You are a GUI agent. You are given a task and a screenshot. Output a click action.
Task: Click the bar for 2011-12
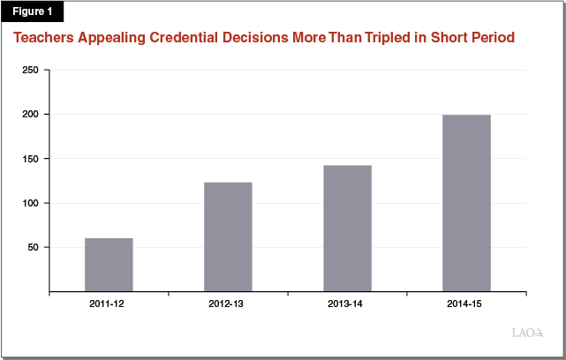click(x=109, y=265)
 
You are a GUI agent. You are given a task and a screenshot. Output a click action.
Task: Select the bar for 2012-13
click(x=228, y=236)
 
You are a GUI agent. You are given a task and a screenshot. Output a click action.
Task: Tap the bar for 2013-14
click(x=347, y=229)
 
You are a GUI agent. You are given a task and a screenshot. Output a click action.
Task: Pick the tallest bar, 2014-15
click(x=466, y=203)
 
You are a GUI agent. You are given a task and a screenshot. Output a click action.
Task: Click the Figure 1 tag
click(x=32, y=11)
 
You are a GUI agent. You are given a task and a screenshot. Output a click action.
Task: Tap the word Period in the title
click(x=492, y=39)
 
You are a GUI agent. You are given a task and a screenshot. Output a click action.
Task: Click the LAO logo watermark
click(x=528, y=333)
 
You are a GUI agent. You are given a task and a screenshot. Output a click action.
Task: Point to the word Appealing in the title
click(x=113, y=39)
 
